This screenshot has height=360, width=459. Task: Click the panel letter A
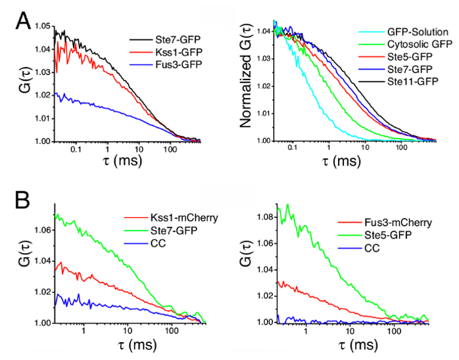click(x=22, y=20)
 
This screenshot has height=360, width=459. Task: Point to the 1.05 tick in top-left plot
click(x=42, y=26)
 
